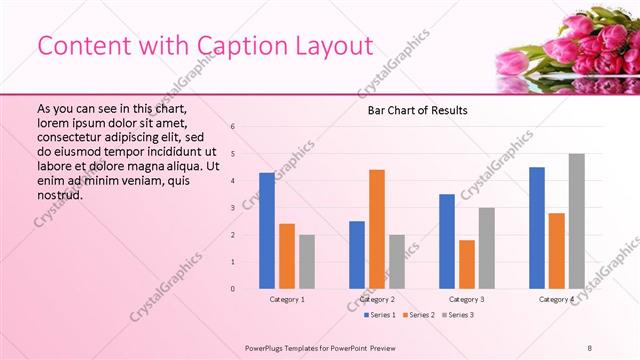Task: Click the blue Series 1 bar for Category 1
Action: tap(267, 231)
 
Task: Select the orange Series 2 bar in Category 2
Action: tap(377, 229)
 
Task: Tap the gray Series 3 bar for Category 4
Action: tap(577, 221)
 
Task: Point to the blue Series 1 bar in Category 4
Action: tap(537, 228)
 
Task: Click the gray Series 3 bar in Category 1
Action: tap(307, 262)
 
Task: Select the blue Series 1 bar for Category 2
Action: tap(357, 255)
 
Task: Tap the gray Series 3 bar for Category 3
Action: tap(487, 248)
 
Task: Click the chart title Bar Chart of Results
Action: tap(412, 110)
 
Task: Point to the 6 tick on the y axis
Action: tap(232, 127)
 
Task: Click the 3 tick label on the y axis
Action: tap(232, 208)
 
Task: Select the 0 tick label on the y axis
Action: tap(232, 289)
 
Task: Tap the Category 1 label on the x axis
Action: tap(287, 299)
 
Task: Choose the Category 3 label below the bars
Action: tap(467, 299)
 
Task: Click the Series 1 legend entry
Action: tap(377, 315)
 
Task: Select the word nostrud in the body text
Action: tap(59, 195)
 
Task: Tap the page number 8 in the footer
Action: tap(590, 347)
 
